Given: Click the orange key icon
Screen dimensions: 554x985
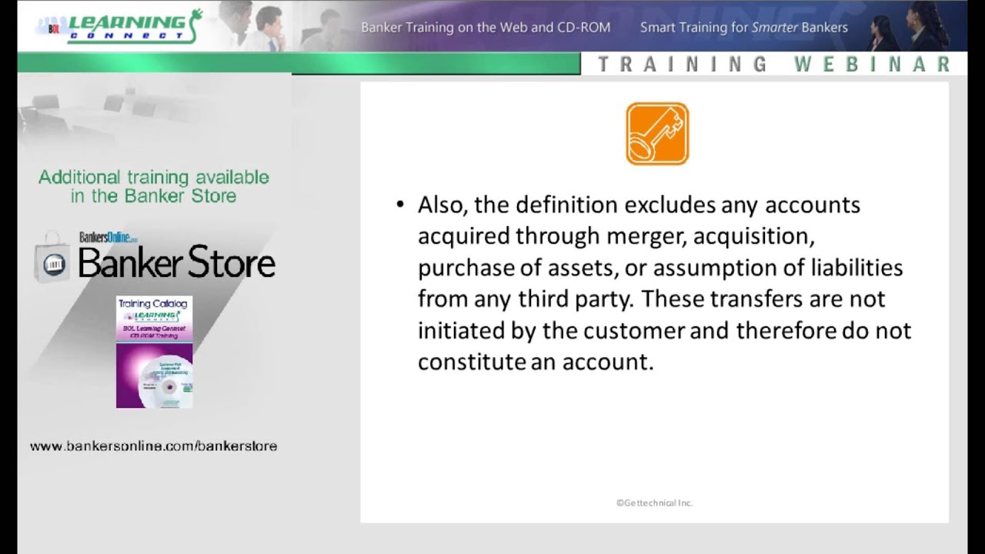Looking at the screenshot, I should [x=657, y=134].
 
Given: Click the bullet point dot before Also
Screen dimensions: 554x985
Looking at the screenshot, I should [x=399, y=205].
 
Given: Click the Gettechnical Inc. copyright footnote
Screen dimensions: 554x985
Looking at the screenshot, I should [x=654, y=502].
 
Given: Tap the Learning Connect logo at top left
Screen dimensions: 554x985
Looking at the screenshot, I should [x=119, y=26].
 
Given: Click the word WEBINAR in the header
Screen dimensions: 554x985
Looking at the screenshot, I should [x=873, y=65].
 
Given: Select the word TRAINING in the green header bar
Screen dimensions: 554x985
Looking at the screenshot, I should [x=682, y=65].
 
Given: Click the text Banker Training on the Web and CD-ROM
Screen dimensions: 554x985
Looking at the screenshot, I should [x=486, y=28].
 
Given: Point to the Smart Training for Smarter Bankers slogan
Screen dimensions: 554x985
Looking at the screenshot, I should [x=743, y=28].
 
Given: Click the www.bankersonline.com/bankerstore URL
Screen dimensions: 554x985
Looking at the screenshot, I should [x=153, y=446].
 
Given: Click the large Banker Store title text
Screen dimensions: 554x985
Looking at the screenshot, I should [x=176, y=264].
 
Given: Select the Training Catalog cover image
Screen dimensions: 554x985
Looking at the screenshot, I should [x=154, y=352].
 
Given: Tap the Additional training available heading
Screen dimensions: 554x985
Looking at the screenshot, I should [x=154, y=186].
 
